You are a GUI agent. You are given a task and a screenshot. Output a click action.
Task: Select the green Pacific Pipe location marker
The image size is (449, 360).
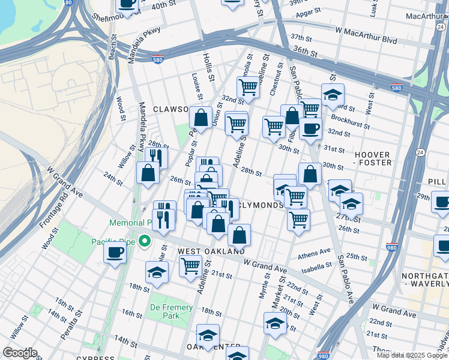pyautogui.click(x=144, y=242)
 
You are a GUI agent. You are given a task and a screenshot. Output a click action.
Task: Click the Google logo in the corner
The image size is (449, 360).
pyautogui.click(x=19, y=353)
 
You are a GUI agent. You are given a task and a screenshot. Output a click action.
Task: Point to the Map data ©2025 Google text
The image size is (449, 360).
pyautogui.click(x=412, y=355)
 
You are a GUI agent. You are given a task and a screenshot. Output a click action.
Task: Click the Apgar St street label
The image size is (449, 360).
pyautogui.click(x=312, y=11)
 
